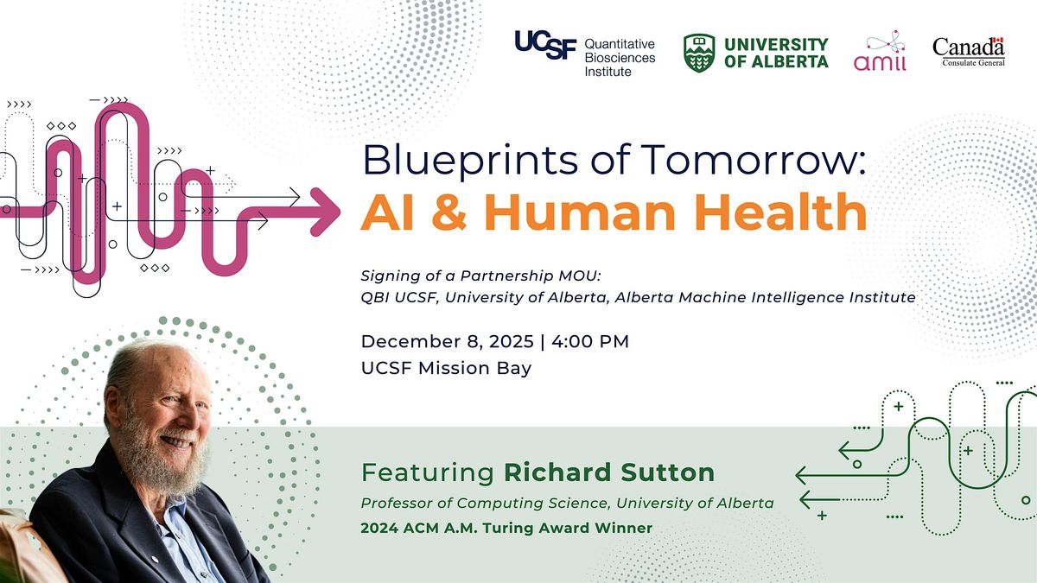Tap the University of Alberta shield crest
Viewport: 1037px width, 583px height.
click(x=699, y=54)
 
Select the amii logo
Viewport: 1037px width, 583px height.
click(x=880, y=54)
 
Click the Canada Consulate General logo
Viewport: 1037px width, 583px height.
click(x=969, y=52)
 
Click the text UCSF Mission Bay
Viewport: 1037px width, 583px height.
click(x=446, y=368)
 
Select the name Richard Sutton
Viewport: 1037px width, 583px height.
click(x=609, y=472)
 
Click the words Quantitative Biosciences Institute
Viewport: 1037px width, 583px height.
click(x=620, y=57)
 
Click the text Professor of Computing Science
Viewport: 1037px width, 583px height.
click(x=471, y=503)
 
